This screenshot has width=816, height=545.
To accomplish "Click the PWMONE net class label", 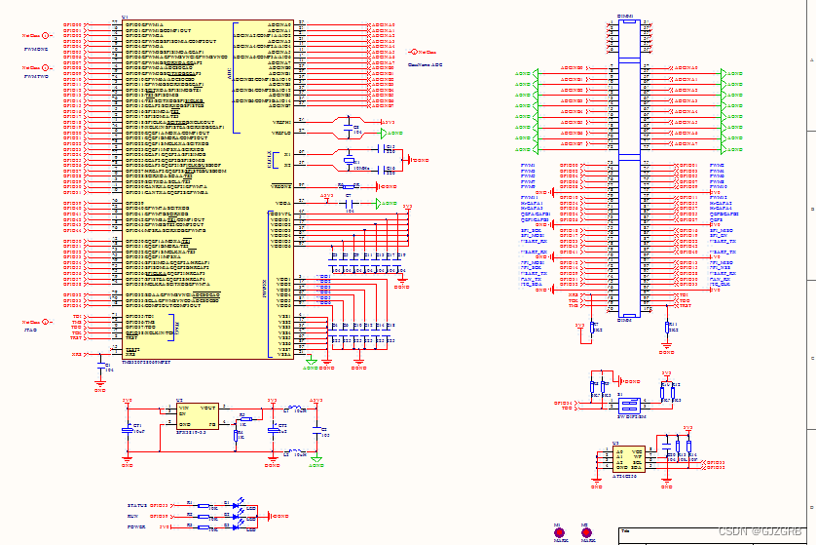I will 36,47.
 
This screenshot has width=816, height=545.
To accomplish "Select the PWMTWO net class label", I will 36,76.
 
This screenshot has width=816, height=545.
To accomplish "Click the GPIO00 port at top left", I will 73,23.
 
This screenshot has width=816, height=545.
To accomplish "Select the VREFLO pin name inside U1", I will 281,133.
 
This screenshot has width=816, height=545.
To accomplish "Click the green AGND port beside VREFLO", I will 394,133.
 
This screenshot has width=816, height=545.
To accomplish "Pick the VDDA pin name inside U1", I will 281,203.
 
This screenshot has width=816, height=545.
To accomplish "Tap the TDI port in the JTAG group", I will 77,317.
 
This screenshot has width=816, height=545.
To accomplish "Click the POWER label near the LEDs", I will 136,526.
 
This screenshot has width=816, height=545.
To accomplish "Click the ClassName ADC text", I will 426,64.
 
